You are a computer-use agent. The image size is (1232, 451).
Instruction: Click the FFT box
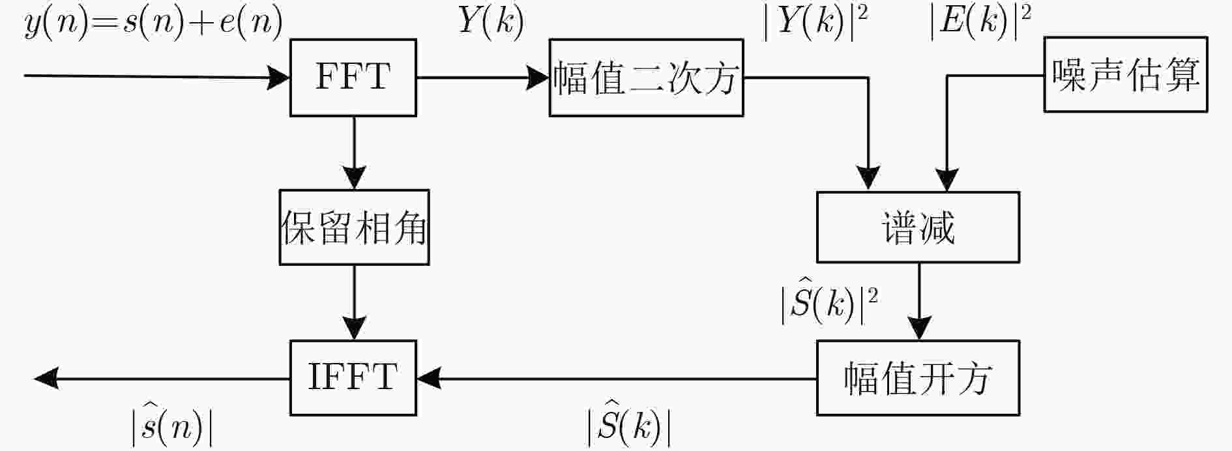pos(353,78)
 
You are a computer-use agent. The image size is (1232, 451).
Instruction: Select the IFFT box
pos(353,377)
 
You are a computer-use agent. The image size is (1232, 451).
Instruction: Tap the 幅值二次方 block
pos(646,78)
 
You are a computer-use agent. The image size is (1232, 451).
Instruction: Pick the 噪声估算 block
pos(1126,74)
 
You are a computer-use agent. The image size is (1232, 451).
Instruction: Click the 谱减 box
pos(918,227)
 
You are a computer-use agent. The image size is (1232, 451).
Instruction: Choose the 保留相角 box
pos(354,227)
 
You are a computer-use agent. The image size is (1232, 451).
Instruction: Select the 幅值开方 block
pos(918,377)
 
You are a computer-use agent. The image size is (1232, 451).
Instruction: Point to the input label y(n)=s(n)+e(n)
pos(154,23)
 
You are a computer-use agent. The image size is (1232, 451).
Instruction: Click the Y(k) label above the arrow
pos(491,22)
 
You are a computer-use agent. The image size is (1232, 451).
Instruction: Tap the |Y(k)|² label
pos(816,22)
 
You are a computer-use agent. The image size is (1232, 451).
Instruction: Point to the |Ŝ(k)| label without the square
pos(628,426)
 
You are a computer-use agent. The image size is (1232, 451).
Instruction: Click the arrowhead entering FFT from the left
pos(279,78)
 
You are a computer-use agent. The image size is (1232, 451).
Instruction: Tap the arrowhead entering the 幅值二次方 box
pos(538,78)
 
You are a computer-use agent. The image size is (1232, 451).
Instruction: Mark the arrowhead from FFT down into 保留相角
pos(354,179)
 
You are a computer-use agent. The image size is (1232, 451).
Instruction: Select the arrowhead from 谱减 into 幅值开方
pos(919,328)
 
